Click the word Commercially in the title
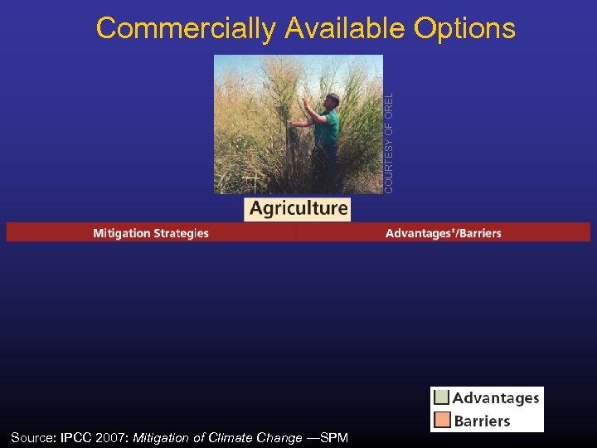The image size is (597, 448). [185, 28]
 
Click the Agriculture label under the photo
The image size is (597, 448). [298, 208]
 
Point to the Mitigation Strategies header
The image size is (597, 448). [151, 233]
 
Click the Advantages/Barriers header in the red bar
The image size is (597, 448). [443, 233]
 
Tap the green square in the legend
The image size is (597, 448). [442, 397]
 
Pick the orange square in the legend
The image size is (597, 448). [442, 420]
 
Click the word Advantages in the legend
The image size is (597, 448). [496, 398]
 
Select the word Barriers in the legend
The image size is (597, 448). [482, 421]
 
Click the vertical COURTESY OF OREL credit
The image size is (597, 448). [389, 142]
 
